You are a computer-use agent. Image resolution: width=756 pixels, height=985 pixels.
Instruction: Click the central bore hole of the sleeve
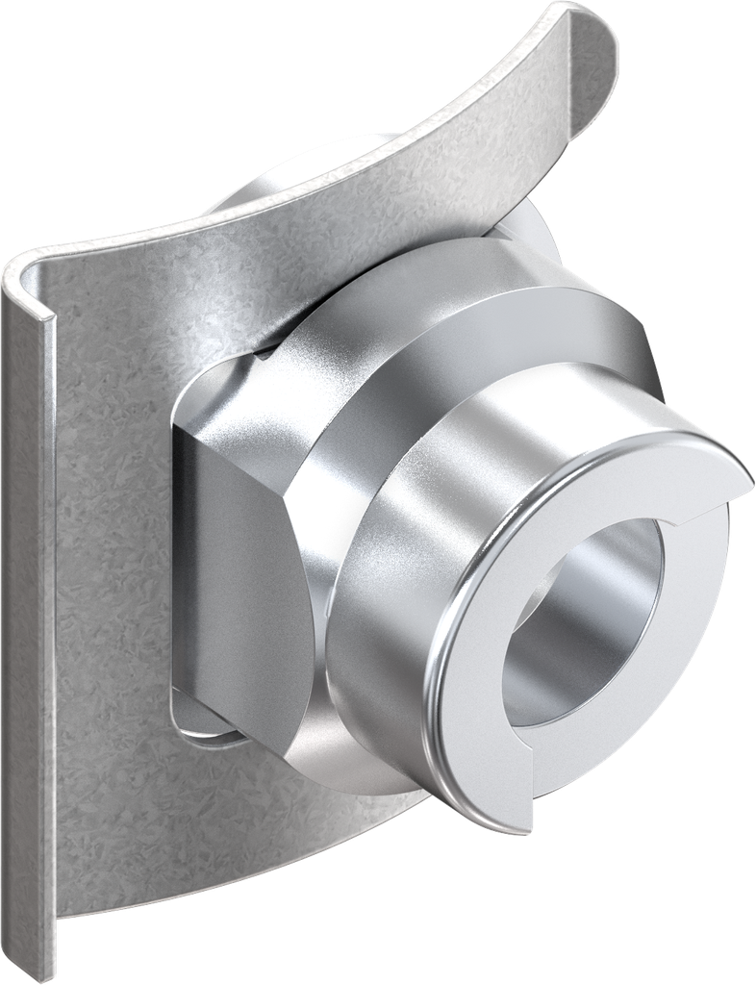click(x=577, y=625)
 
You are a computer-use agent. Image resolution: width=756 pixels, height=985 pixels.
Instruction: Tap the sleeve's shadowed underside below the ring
click(x=404, y=760)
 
